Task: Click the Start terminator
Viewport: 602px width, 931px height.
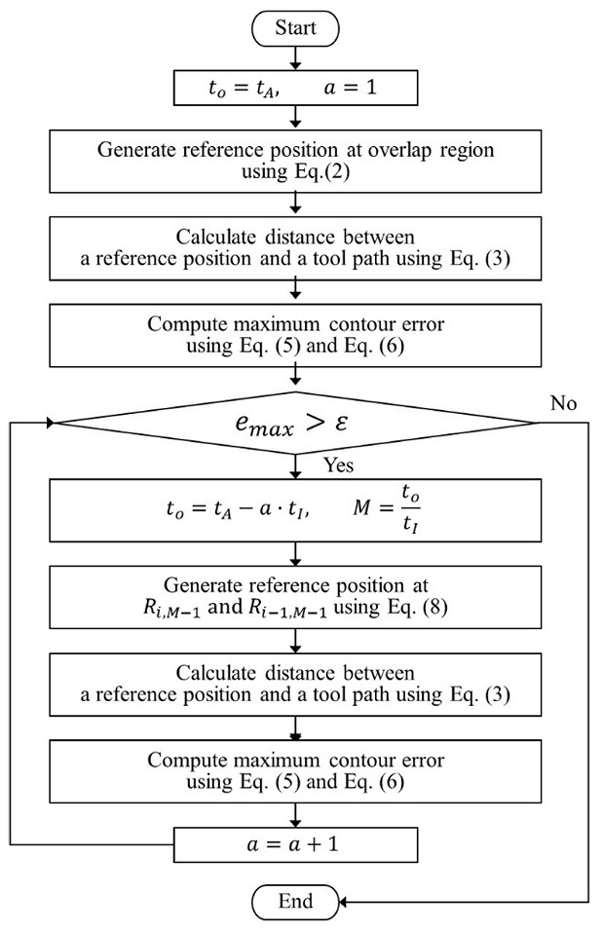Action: click(295, 28)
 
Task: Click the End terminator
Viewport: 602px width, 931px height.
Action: click(295, 901)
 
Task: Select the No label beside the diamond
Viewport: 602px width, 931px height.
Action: click(562, 402)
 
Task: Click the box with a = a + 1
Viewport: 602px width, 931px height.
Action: click(295, 841)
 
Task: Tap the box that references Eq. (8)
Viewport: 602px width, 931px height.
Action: click(295, 595)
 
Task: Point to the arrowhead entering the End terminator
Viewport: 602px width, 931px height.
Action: click(344, 901)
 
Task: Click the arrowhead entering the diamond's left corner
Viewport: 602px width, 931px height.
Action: click(50, 423)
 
